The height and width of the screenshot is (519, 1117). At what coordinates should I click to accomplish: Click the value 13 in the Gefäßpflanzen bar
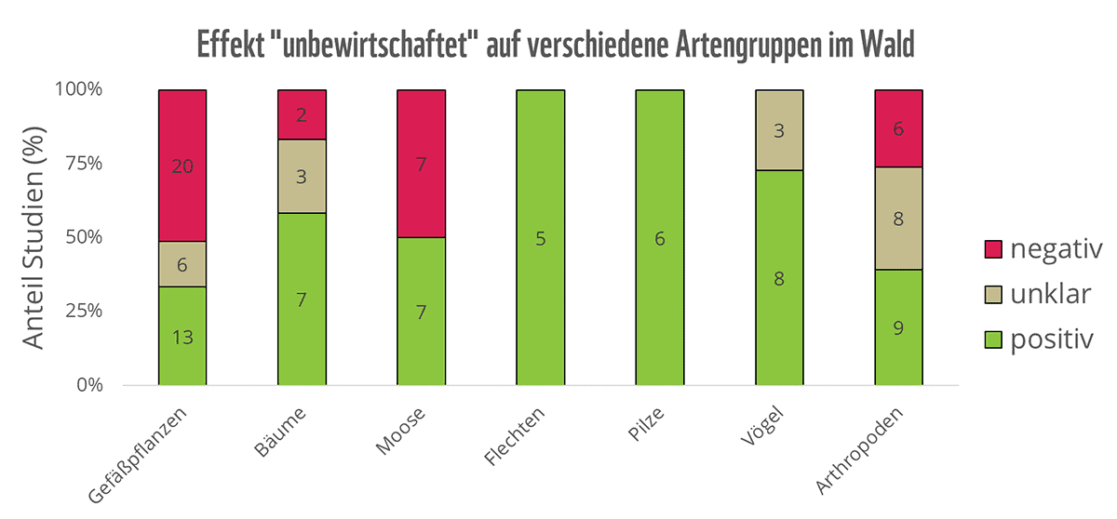click(x=182, y=337)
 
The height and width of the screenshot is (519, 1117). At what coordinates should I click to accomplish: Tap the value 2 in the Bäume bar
click(x=302, y=115)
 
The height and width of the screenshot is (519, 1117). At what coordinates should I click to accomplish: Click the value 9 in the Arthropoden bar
click(x=898, y=327)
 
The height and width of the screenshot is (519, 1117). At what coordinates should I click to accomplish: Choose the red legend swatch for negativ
click(x=992, y=248)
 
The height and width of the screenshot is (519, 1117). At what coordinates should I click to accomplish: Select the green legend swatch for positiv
click(x=992, y=339)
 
